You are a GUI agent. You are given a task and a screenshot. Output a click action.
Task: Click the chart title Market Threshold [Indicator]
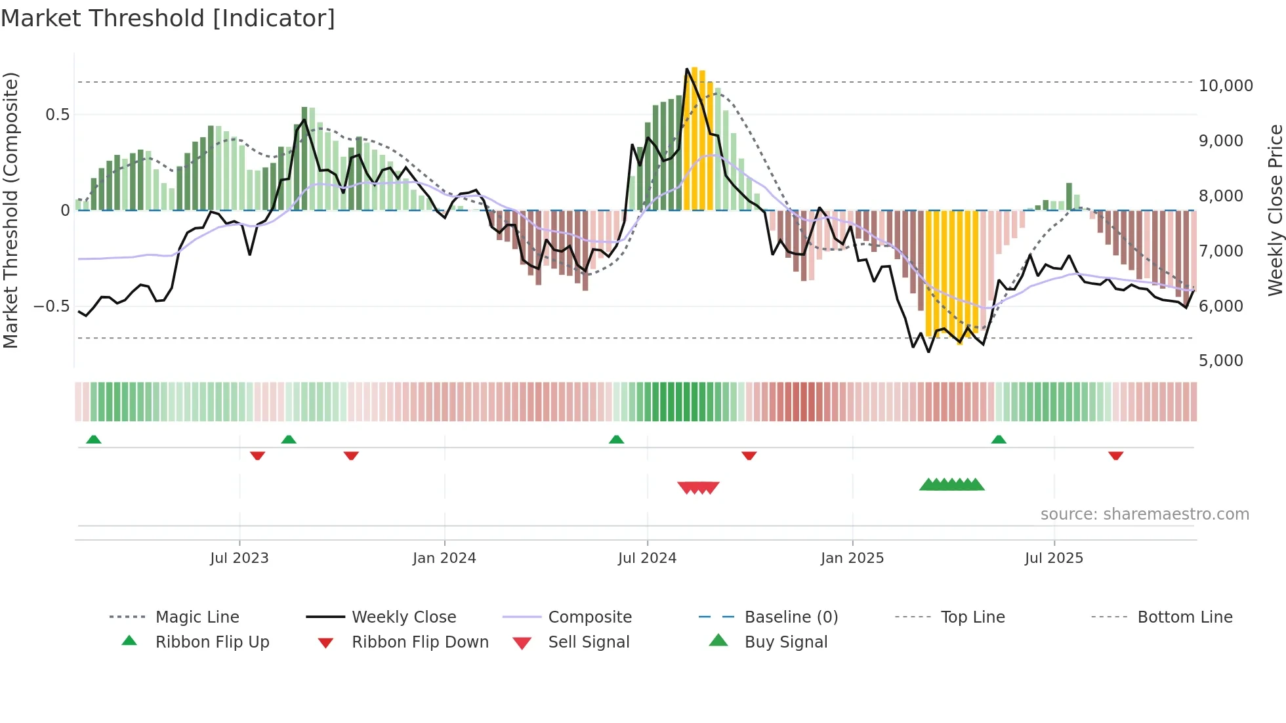tap(168, 18)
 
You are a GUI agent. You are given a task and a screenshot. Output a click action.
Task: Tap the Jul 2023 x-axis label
tap(239, 558)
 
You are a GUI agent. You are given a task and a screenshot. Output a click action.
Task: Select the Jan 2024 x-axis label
tap(444, 558)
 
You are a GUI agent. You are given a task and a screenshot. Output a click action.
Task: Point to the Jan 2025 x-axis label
tap(852, 558)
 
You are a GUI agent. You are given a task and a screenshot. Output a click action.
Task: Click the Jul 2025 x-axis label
tap(1054, 558)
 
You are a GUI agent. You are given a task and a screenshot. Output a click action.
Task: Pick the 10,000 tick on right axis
tap(1226, 86)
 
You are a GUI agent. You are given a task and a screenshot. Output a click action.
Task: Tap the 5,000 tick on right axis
tap(1220, 361)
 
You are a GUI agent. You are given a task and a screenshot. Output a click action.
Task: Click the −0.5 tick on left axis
tap(51, 306)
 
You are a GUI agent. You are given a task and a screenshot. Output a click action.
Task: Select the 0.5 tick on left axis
tap(57, 115)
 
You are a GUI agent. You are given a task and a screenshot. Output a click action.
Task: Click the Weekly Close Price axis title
tap(1275, 210)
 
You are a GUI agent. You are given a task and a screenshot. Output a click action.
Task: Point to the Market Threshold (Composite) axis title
tap(10, 210)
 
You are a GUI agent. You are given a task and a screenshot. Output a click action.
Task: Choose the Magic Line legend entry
tap(197, 617)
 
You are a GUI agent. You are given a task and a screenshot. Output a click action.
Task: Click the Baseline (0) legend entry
tap(791, 617)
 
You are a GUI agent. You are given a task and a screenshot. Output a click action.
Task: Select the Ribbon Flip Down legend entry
tap(420, 642)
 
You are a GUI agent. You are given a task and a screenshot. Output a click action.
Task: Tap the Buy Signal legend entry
tap(785, 642)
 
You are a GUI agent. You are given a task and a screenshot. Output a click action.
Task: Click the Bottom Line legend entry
tap(1184, 617)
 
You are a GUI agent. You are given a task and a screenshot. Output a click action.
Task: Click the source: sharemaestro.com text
tap(1144, 514)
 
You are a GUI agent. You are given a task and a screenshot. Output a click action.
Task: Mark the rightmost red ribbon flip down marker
tap(1115, 455)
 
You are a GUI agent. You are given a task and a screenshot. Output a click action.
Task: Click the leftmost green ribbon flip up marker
tap(94, 440)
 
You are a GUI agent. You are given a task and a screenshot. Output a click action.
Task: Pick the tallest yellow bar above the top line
tap(694, 138)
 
